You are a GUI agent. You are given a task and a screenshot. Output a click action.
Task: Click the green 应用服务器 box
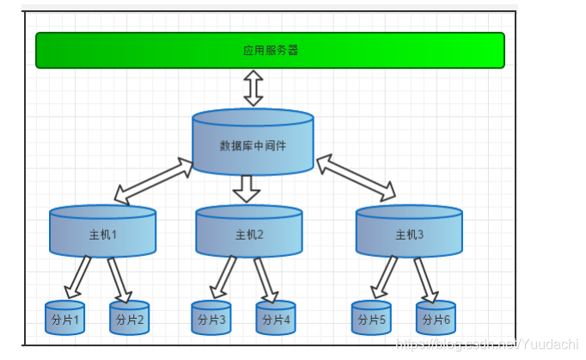tap(270, 50)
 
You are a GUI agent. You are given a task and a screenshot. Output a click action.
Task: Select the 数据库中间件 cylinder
tap(253, 143)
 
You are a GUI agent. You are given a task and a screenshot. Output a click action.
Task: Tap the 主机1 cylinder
tap(103, 232)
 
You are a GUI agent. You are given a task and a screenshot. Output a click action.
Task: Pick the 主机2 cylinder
tap(249, 232)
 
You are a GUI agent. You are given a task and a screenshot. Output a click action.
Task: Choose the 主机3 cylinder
tap(409, 232)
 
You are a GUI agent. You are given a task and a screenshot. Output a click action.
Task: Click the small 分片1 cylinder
tap(65, 318)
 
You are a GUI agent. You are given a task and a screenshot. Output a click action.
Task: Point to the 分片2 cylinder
tap(130, 318)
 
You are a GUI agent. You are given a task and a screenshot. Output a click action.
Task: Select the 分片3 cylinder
tap(211, 318)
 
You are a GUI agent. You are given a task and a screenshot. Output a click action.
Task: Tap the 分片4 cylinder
tap(276, 318)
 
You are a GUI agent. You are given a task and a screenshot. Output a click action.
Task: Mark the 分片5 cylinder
tap(371, 318)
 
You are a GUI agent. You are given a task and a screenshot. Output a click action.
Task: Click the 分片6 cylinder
tap(436, 318)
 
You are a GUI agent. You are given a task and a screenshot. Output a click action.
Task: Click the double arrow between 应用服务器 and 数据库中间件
tap(253, 88)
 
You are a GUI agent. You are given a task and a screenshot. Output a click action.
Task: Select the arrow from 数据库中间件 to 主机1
tap(155, 181)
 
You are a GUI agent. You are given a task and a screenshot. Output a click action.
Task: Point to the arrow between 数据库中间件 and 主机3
tap(356, 177)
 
